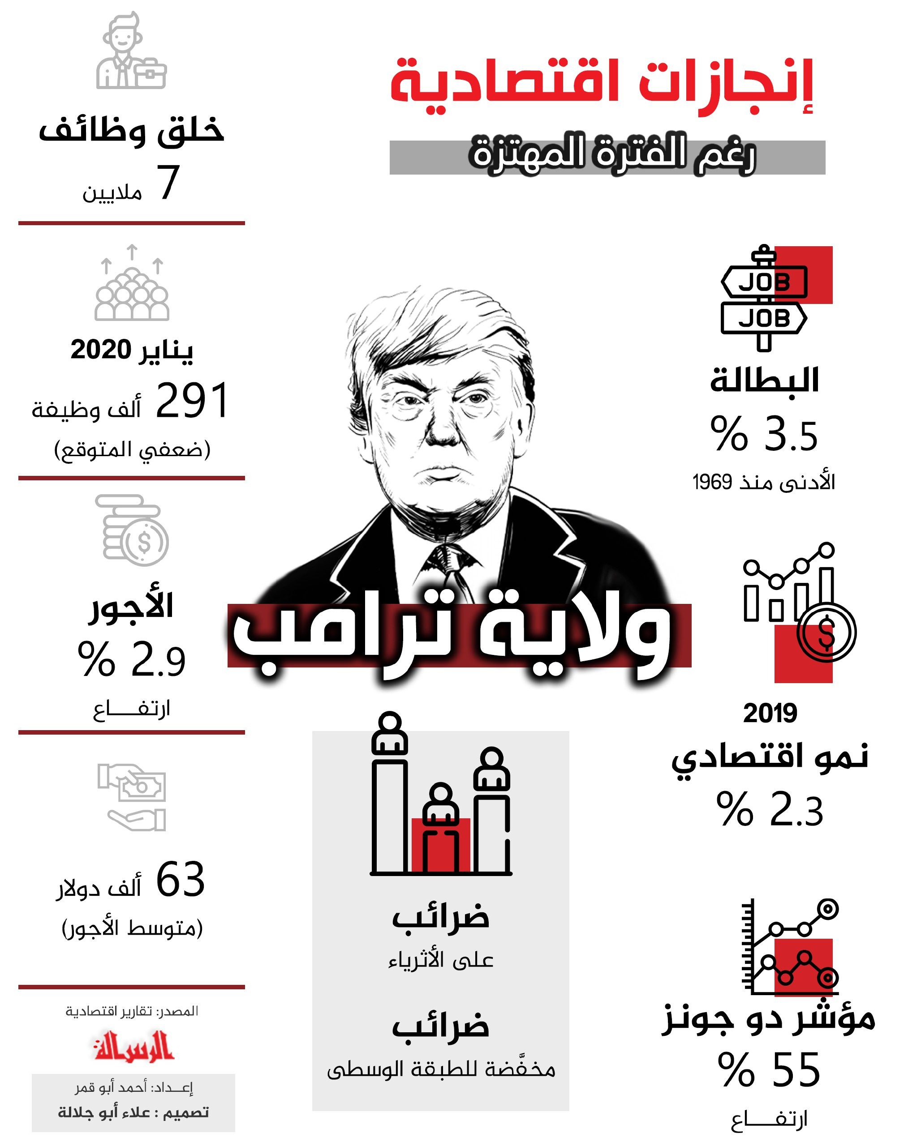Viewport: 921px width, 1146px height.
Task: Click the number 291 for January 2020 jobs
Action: pyautogui.click(x=192, y=401)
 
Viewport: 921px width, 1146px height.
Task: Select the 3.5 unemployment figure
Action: pyautogui.click(x=791, y=435)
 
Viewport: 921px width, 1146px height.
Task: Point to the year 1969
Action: pyautogui.click(x=713, y=483)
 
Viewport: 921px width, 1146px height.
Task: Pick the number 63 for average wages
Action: pyautogui.click(x=180, y=880)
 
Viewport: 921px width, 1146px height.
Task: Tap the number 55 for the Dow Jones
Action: pyautogui.click(x=796, y=1070)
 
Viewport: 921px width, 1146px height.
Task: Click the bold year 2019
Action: pyautogui.click(x=770, y=713)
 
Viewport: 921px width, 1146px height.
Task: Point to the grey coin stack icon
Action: pyautogui.click(x=132, y=530)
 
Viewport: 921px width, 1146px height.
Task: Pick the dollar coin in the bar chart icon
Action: pyautogui.click(x=826, y=633)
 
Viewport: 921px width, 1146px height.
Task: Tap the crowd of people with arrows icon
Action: pyautogui.click(x=132, y=284)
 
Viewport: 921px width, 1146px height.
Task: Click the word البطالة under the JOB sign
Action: pyautogui.click(x=764, y=381)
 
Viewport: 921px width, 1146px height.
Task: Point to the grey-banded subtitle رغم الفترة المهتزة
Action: pyautogui.click(x=613, y=155)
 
